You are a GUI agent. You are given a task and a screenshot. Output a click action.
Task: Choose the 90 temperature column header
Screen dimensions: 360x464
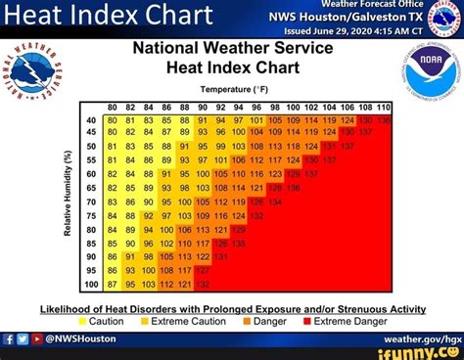click(x=204, y=107)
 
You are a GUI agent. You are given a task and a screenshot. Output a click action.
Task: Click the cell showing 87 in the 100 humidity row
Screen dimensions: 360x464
click(x=114, y=284)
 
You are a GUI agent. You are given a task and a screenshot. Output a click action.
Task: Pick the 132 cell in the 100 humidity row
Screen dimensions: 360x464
click(x=204, y=284)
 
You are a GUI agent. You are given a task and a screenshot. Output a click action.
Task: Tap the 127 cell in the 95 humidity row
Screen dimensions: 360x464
click(x=204, y=270)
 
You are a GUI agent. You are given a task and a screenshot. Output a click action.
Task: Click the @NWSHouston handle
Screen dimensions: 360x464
click(x=78, y=338)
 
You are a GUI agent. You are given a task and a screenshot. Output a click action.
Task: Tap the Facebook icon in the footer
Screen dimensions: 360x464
click(x=8, y=338)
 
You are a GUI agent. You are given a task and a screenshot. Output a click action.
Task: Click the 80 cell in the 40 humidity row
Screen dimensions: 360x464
click(x=114, y=120)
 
